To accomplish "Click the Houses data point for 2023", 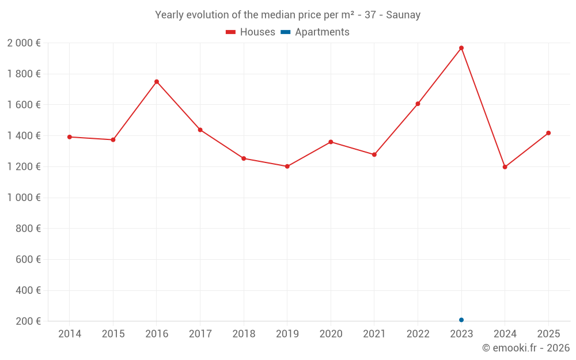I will (x=461, y=48).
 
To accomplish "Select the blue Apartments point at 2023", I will (x=461, y=320).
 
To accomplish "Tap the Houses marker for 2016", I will (x=157, y=82).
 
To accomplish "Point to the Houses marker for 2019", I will (x=287, y=166).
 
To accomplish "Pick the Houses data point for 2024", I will (x=505, y=167).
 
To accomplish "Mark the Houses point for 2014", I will (x=70, y=137).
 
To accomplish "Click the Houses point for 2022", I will (x=418, y=104).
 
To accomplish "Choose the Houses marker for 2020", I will (x=331, y=142).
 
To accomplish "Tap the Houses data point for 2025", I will (x=548, y=133).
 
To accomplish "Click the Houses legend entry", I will (x=251, y=32).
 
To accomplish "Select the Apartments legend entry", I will (x=315, y=32).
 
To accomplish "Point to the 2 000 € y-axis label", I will (x=24, y=43).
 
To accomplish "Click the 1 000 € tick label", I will (x=24, y=198).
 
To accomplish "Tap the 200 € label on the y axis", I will (x=29, y=321).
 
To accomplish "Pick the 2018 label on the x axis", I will (x=244, y=334).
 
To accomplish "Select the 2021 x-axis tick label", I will (x=374, y=334).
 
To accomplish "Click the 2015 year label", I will (x=113, y=334).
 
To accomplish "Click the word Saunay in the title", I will (x=403, y=15).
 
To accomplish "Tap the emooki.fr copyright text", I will (x=526, y=348).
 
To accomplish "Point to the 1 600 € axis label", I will (x=24, y=105).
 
